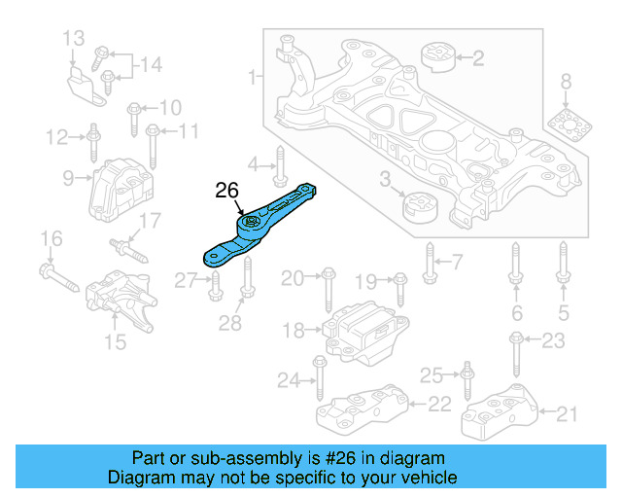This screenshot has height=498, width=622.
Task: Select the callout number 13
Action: point(75,39)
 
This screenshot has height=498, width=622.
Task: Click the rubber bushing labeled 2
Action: point(437,57)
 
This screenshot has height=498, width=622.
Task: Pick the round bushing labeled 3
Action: point(422,208)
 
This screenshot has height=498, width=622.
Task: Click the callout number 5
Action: point(564,312)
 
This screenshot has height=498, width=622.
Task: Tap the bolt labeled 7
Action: point(428,261)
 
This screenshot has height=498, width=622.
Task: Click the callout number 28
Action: point(229,323)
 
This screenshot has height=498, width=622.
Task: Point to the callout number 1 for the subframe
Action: point(253,76)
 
